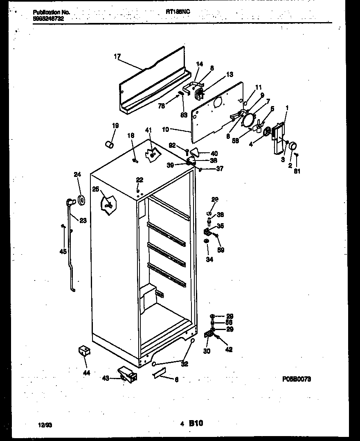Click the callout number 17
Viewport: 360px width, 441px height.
point(117,57)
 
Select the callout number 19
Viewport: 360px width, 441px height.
point(115,126)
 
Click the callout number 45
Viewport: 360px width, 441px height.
point(63,251)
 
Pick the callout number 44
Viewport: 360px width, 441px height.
point(86,373)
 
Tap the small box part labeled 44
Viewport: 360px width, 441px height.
point(84,351)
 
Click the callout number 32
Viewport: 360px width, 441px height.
point(184,364)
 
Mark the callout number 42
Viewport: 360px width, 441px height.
point(229,349)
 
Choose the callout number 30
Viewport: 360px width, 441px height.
point(207,351)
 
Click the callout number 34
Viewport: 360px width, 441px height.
point(209,259)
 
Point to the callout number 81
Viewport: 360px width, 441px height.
point(297,171)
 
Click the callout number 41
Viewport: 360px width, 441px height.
point(148,130)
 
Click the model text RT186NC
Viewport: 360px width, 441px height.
point(178,12)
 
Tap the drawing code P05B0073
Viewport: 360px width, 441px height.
point(297,380)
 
